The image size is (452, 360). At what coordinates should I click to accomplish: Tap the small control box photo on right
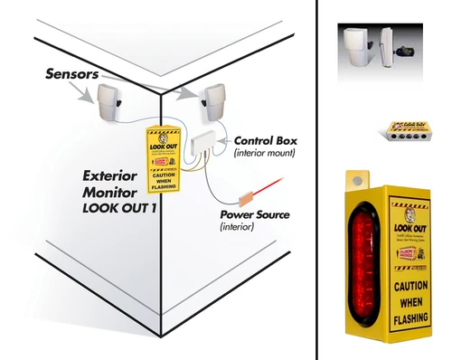(x=396, y=130)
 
